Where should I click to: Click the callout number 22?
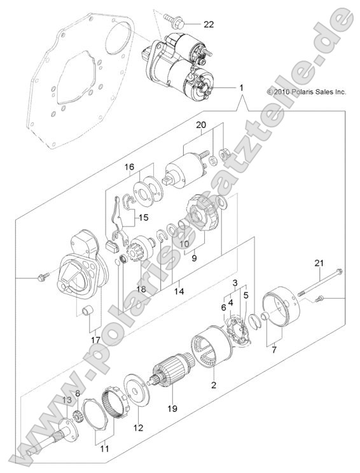[x=191, y=25]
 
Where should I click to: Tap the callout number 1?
[x=241, y=86]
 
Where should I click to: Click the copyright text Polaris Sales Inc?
[x=306, y=92]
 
